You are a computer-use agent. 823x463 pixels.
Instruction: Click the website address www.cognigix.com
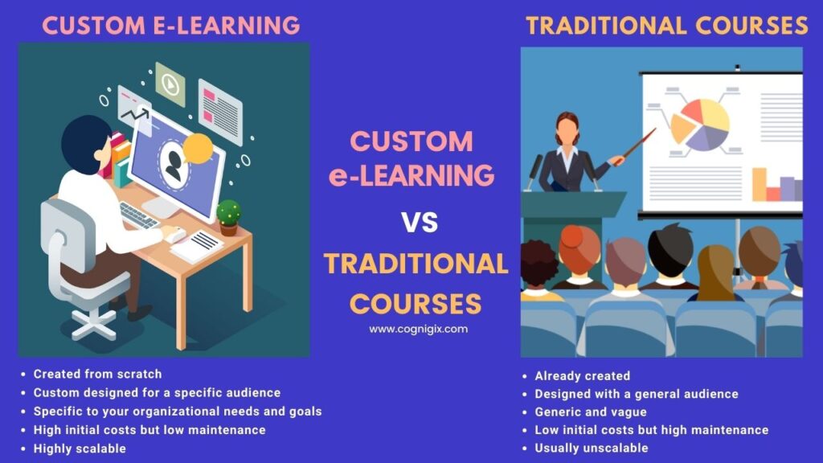tap(418, 329)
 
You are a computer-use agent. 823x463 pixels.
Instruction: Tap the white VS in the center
tap(420, 222)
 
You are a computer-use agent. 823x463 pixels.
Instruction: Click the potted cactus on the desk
tap(228, 217)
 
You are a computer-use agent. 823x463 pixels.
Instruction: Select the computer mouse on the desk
tap(176, 234)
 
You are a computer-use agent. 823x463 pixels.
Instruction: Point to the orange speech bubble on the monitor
tap(198, 149)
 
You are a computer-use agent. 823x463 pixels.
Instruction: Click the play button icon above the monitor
tap(170, 84)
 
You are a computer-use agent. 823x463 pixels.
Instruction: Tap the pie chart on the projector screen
tap(700, 125)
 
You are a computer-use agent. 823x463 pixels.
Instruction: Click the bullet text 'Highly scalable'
tap(80, 449)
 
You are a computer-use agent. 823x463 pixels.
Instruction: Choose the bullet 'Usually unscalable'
tap(592, 449)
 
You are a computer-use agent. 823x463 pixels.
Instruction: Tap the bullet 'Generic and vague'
tap(591, 412)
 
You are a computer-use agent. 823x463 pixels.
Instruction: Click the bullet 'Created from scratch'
tap(97, 375)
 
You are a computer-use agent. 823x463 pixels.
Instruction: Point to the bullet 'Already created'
tap(583, 376)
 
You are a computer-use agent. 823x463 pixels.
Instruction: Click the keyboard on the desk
tap(138, 215)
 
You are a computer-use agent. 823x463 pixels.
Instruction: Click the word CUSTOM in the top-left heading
tap(94, 25)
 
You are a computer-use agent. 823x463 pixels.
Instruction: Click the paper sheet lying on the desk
tap(197, 246)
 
